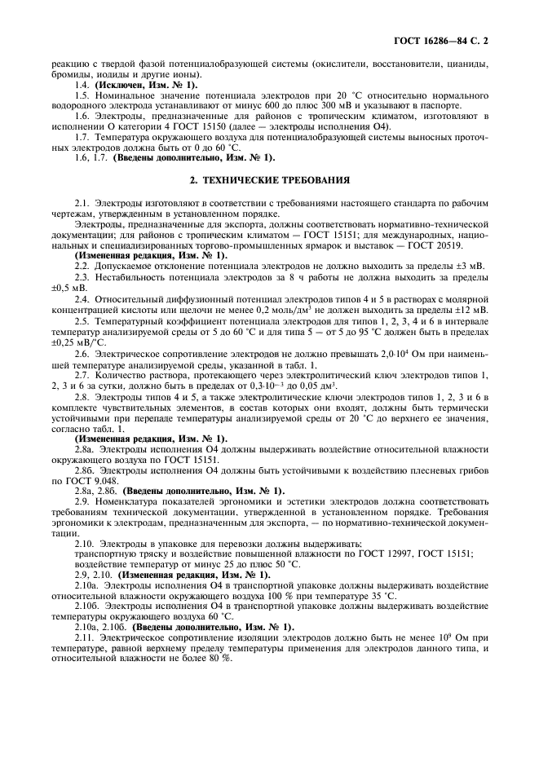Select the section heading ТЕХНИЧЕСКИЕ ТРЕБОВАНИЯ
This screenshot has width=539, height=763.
point(269,179)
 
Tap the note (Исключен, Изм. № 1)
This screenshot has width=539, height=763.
point(146,85)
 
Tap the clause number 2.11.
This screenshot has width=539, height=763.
point(83,637)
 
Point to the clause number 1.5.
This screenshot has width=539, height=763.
point(81,95)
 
